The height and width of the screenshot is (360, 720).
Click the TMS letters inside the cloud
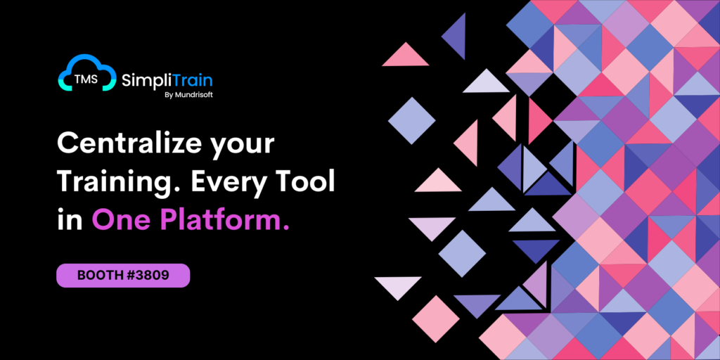pos(86,79)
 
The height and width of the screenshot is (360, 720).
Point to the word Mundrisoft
pos(193,96)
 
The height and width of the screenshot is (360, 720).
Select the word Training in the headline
pos(118,184)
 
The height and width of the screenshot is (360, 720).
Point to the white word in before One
pos(70,220)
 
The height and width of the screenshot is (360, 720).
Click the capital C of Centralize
pos(67,145)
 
